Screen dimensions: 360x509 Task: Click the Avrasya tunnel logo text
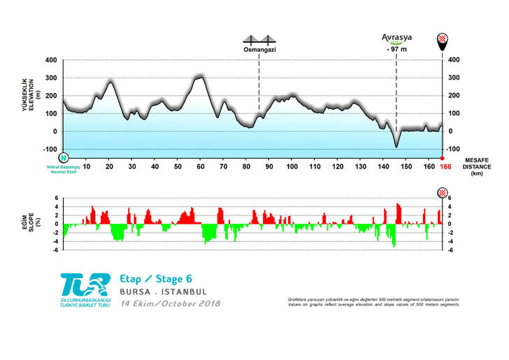(396, 38)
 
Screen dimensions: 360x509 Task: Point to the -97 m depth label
(396, 50)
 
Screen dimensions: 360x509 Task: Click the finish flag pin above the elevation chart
(442, 43)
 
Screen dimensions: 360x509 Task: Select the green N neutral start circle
(64, 158)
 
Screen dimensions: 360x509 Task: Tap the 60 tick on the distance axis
(201, 167)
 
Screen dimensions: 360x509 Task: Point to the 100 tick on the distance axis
(292, 167)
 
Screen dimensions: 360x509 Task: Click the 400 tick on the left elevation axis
(50, 60)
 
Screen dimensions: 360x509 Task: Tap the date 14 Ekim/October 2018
(170, 304)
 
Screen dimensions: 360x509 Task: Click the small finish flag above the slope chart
(442, 192)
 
